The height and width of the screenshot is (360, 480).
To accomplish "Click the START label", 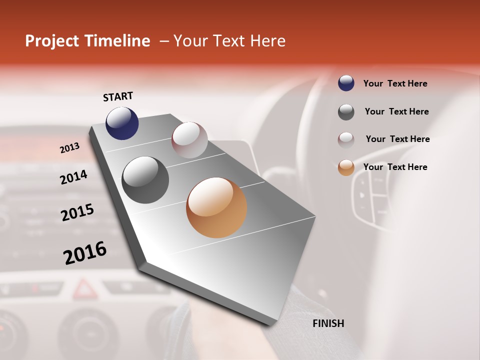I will pyautogui.click(x=118, y=96).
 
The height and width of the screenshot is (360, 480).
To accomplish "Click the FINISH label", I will pyautogui.click(x=328, y=323).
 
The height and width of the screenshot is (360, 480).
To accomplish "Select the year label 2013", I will pyautogui.click(x=70, y=148).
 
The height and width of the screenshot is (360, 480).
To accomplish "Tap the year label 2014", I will pyautogui.click(x=73, y=177).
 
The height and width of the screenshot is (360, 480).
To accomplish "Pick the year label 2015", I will pyautogui.click(x=77, y=212).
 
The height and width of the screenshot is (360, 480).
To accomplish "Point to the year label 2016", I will pyautogui.click(x=85, y=253).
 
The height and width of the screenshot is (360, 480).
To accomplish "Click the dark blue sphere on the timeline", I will pyautogui.click(x=122, y=123).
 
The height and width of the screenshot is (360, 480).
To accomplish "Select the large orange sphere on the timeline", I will pyautogui.click(x=216, y=207).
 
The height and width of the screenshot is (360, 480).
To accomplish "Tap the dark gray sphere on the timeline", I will pyautogui.click(x=145, y=180).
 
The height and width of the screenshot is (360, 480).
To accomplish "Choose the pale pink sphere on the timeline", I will pyautogui.click(x=189, y=139).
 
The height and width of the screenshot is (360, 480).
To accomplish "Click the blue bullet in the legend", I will pyautogui.click(x=346, y=83).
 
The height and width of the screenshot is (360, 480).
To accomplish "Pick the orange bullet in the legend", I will pyautogui.click(x=346, y=167).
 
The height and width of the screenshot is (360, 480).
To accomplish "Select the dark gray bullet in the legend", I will pyautogui.click(x=346, y=112).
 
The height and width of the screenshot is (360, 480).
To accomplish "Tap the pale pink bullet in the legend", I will pyautogui.click(x=346, y=140).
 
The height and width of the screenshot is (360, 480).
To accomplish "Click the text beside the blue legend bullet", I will pyautogui.click(x=395, y=83).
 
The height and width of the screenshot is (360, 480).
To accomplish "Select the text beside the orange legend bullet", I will pyautogui.click(x=395, y=167).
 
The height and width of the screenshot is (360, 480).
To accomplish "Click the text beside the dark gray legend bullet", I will pyautogui.click(x=396, y=111).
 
